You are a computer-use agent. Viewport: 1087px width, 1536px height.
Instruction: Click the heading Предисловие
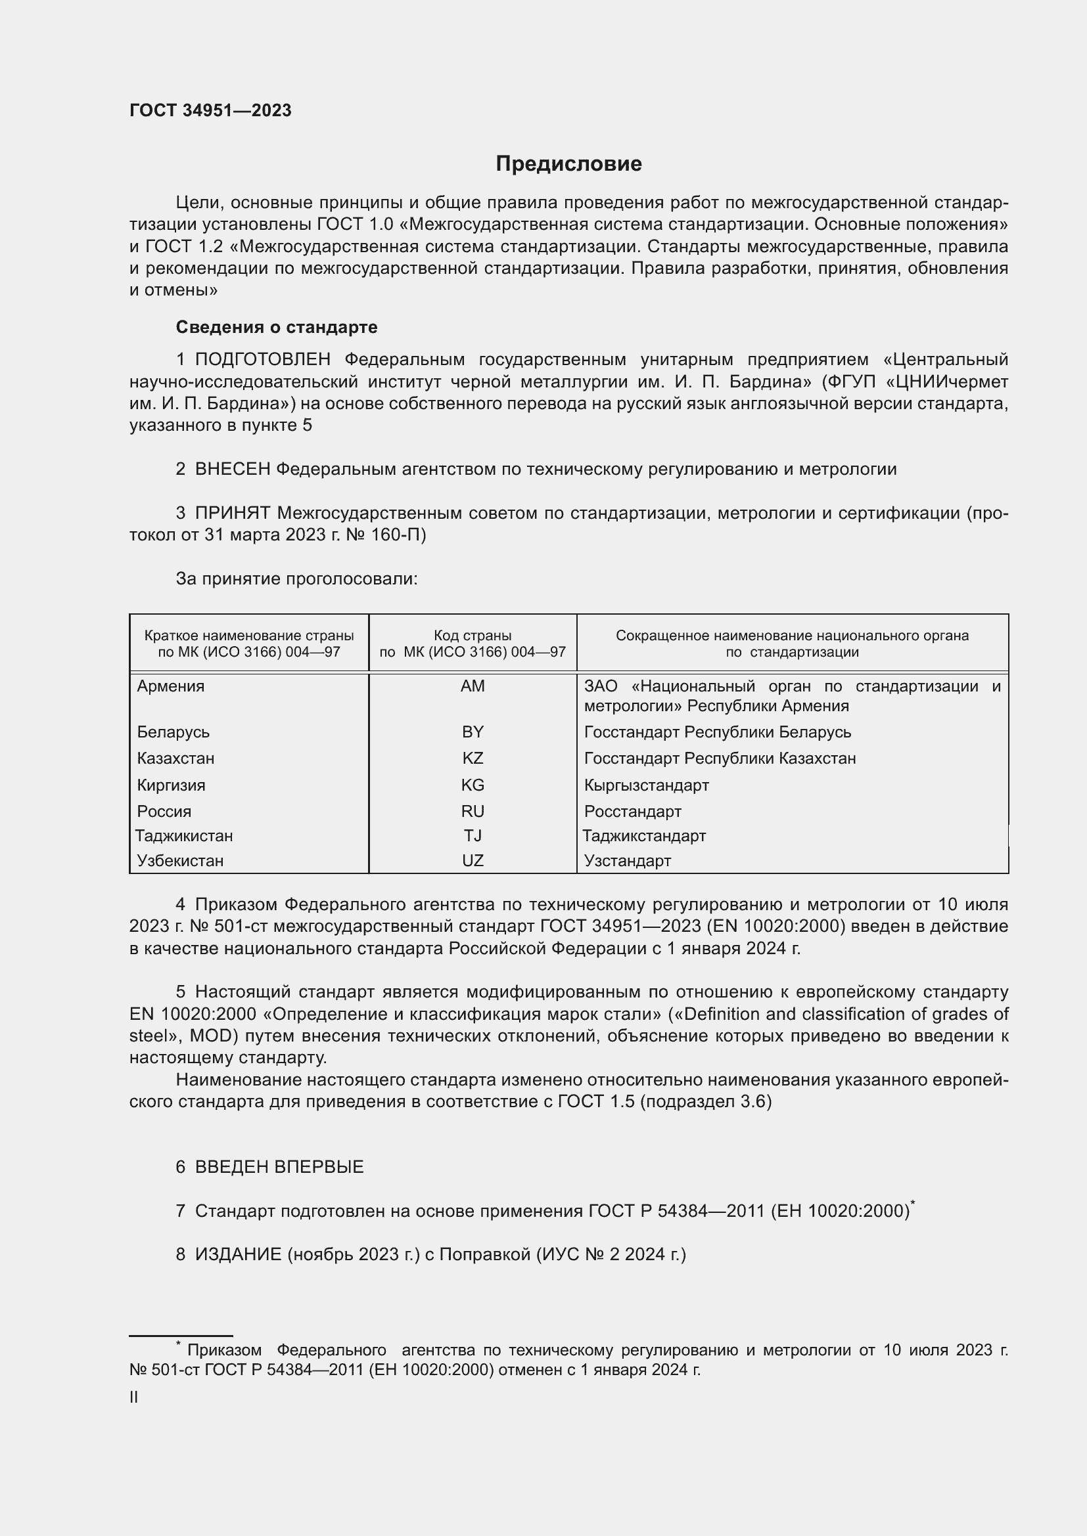pos(568,164)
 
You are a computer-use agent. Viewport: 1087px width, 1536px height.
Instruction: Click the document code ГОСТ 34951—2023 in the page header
pos(210,111)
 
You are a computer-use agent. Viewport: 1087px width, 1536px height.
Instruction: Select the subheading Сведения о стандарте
pos(277,327)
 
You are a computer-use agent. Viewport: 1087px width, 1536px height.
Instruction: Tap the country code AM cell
pos(473,686)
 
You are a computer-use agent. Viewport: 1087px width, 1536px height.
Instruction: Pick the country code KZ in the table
pos(473,758)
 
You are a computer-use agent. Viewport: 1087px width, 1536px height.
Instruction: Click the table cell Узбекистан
pos(180,861)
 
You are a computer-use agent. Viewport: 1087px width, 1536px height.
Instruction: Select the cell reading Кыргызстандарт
pos(646,785)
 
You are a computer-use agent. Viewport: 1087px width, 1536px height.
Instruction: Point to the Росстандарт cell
pos(632,812)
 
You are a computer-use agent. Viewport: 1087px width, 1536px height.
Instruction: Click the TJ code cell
pos(473,836)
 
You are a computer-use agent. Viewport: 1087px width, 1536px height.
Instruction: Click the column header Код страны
pos(473,636)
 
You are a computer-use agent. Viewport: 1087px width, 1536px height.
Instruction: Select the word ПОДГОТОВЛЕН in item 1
pos(262,360)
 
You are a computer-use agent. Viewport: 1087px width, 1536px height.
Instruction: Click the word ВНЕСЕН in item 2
pos(232,470)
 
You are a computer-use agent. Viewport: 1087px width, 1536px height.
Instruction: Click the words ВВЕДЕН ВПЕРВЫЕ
pos(279,1168)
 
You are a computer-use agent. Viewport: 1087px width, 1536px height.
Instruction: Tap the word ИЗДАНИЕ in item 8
pos(239,1254)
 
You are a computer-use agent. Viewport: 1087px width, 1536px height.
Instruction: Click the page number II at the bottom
pos(134,1397)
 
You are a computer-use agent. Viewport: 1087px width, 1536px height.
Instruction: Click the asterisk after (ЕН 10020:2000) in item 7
pos(913,1204)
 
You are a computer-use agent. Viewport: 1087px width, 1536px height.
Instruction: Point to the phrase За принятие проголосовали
pos(296,579)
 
